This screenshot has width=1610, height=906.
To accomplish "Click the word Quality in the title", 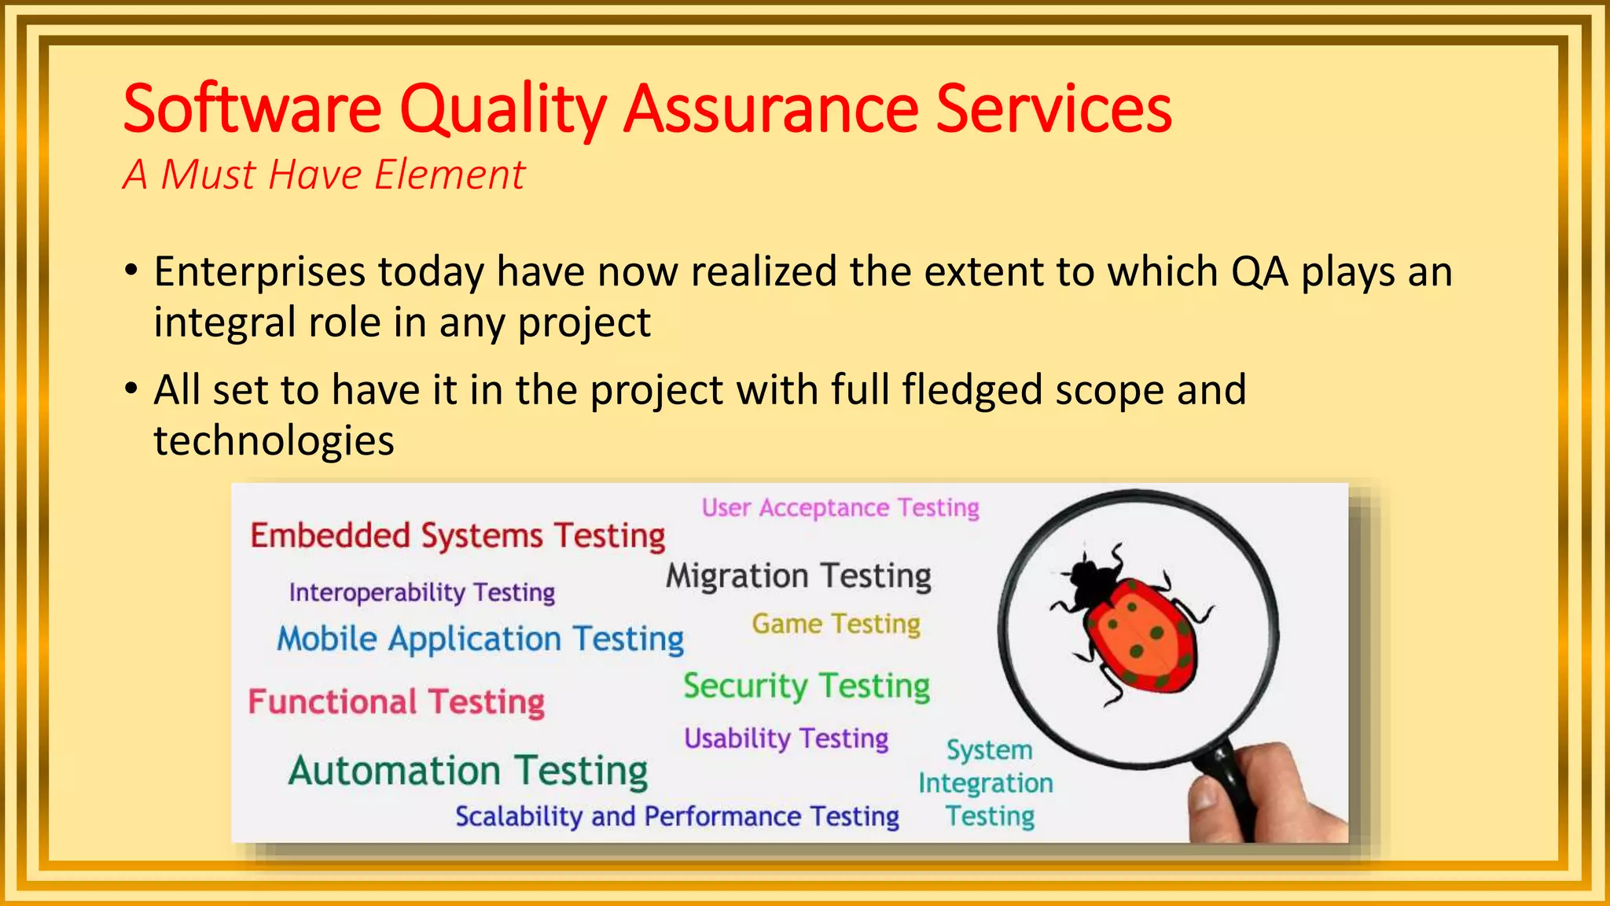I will [x=503, y=110].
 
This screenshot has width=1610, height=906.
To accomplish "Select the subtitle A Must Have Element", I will [x=323, y=175].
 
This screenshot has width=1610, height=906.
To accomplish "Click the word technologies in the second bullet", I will [x=274, y=440].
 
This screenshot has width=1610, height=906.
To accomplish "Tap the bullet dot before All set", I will [x=131, y=389].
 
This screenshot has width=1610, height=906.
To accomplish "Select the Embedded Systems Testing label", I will [x=458, y=536].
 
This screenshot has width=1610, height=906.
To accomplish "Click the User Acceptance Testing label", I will [x=840, y=508].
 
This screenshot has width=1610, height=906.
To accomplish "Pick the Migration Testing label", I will [x=798, y=576].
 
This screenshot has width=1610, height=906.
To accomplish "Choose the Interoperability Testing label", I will [x=421, y=592].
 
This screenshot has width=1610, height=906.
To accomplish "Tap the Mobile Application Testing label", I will [x=480, y=639].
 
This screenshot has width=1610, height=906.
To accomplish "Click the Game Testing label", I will [x=835, y=624].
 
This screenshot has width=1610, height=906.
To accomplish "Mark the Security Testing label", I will [x=806, y=687].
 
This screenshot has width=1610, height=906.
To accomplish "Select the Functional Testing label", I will [x=396, y=702].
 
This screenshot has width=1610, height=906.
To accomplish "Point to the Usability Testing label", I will [x=785, y=738].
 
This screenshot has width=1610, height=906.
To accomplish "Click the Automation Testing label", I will [x=468, y=771].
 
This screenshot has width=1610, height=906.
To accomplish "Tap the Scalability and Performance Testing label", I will [x=677, y=816].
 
